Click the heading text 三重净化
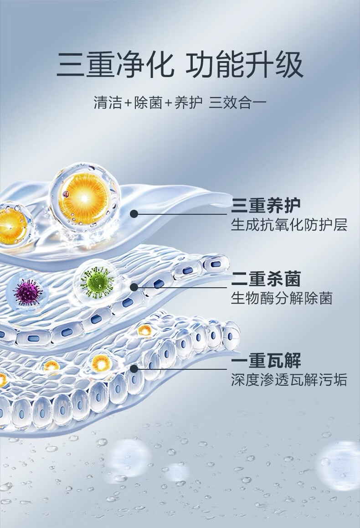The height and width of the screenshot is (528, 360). click(x=115, y=65)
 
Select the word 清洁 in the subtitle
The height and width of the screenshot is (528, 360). click(x=108, y=102)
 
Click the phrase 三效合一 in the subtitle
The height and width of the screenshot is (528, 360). click(x=237, y=102)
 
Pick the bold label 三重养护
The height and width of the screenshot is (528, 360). click(x=266, y=206)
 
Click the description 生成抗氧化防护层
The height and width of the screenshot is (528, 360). click(x=289, y=225)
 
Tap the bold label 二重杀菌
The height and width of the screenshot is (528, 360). click(x=266, y=279)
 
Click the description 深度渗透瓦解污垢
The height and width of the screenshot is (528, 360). click(x=289, y=379)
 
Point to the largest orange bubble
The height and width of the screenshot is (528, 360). click(x=84, y=196)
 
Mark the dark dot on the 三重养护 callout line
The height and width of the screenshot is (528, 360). click(x=134, y=214)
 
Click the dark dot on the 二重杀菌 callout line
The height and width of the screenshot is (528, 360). click(x=134, y=287)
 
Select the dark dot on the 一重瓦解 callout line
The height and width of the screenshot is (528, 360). click(x=134, y=368)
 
